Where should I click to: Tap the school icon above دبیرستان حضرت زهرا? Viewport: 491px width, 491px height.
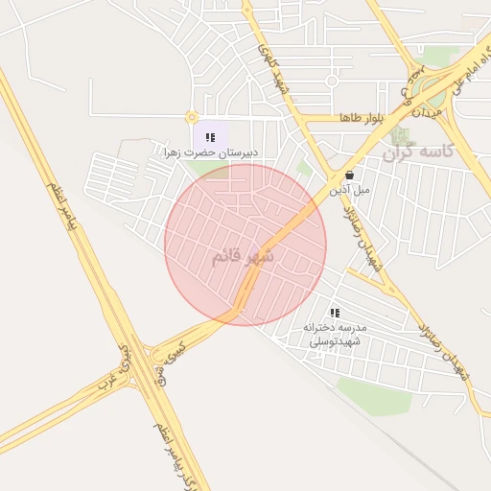210,137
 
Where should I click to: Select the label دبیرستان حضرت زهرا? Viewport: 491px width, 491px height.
212,152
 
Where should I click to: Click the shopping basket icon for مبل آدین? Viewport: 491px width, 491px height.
350,175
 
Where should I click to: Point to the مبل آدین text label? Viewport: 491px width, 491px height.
349,190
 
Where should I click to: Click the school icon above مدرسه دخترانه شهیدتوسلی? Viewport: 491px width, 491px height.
335,313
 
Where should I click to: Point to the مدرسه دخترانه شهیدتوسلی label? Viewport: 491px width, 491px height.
332,334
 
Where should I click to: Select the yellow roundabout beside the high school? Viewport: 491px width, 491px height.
192,117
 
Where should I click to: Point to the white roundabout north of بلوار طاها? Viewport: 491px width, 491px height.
332,81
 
